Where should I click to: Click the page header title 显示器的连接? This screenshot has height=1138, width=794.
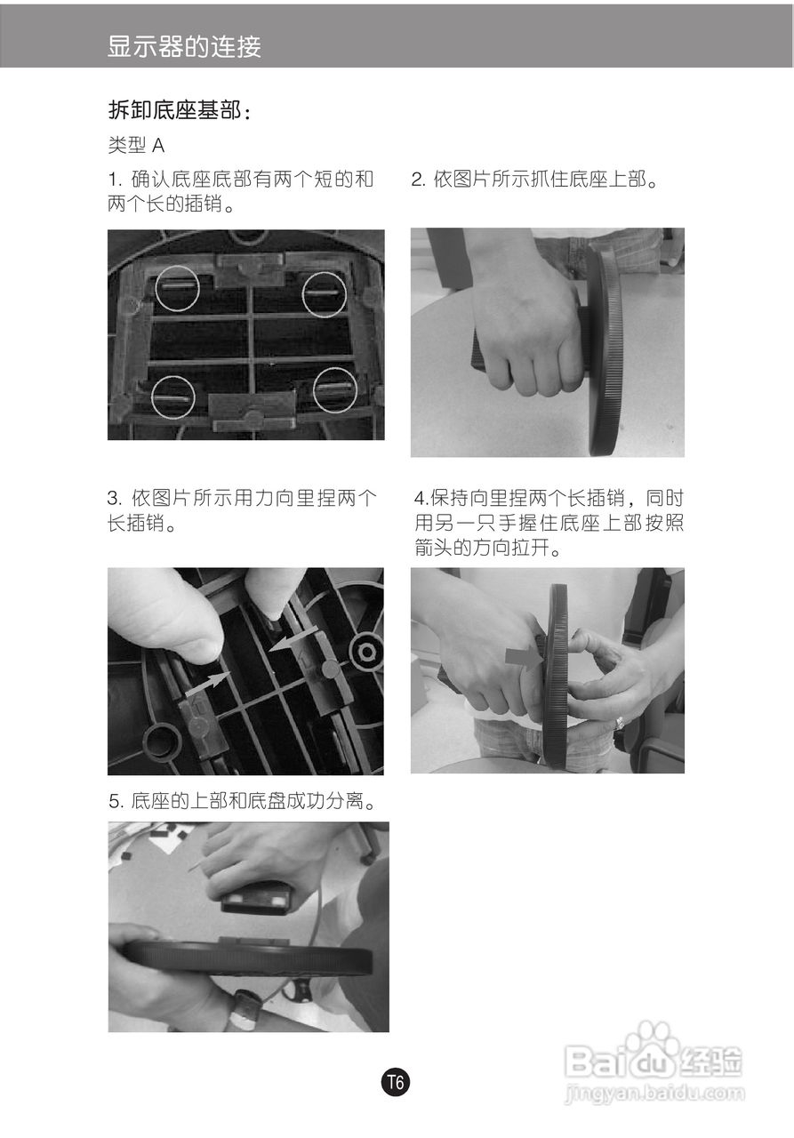pos(184,46)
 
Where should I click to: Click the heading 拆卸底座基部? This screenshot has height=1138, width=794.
pos(179,111)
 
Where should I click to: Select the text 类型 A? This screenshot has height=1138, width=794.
pos(136,145)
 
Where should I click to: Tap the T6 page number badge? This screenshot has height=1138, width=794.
pos(396,1082)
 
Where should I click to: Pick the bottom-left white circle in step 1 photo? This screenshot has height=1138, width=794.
pos(172,397)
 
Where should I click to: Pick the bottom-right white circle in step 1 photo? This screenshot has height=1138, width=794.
pos(335,389)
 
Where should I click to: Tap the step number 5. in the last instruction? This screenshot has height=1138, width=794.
pos(116,802)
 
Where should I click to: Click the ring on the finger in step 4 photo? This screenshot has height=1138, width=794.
pos(620,724)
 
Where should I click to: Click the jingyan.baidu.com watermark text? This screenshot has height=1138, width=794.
pos(654,1093)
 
